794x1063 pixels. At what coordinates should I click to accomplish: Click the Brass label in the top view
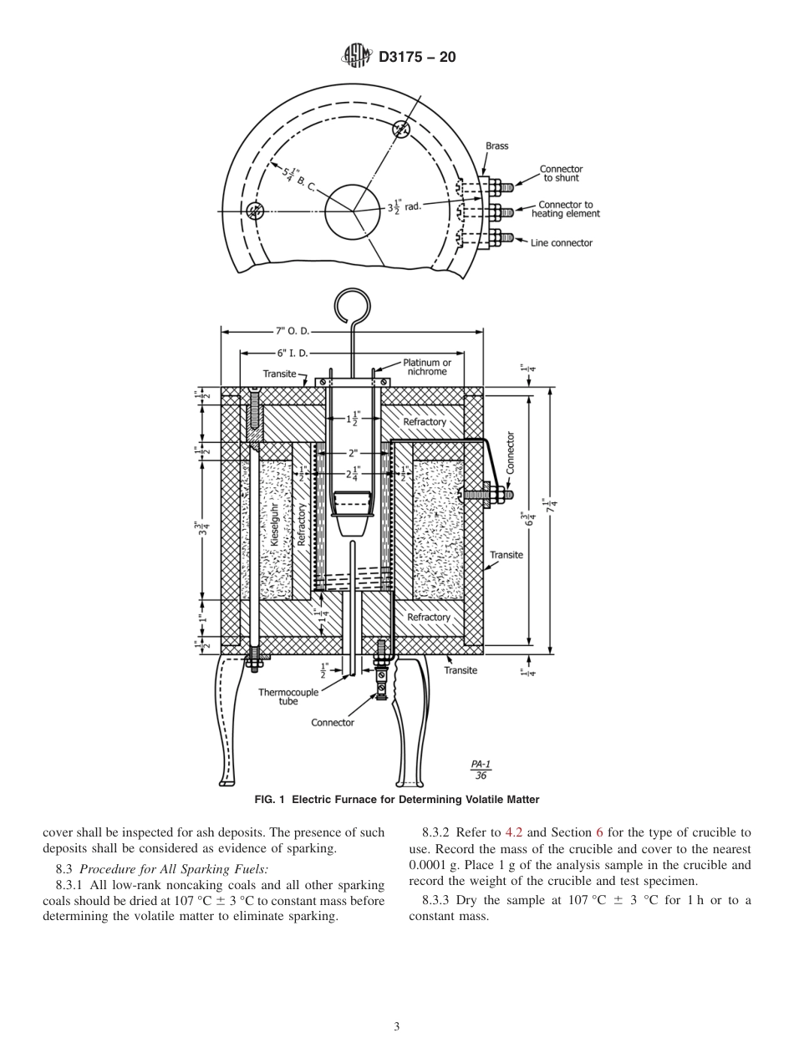tap(496, 146)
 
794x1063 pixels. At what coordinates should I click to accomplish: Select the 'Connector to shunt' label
tap(561, 173)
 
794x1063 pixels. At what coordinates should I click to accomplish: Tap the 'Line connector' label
tap(561, 243)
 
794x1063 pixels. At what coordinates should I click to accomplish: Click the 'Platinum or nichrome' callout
tap(427, 367)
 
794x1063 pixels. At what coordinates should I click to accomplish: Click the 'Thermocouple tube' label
tap(288, 697)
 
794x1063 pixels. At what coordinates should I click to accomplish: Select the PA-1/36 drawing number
tap(481, 769)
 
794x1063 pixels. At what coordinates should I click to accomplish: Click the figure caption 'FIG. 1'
tap(270, 800)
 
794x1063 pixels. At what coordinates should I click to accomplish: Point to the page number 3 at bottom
tap(397, 1026)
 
